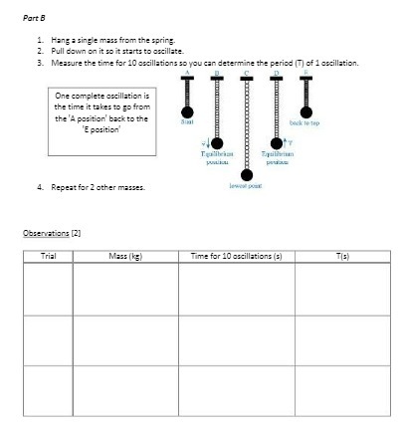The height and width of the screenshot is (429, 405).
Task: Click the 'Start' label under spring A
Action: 186,122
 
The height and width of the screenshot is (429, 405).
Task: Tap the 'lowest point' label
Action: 245,186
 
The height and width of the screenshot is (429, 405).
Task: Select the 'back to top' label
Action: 304,122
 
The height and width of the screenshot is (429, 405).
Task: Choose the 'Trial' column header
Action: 47,256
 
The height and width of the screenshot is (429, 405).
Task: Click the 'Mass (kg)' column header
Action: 126,256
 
